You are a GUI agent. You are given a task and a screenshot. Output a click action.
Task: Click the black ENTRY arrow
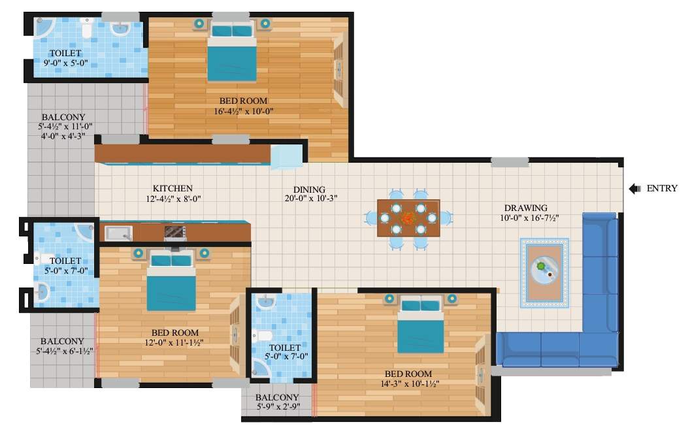[x=634, y=189]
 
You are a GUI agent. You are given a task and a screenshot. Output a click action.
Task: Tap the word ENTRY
[x=662, y=189]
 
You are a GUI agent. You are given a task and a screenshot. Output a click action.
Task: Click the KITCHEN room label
[x=172, y=188]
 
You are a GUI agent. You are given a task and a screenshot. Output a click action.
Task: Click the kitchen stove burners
[x=174, y=232]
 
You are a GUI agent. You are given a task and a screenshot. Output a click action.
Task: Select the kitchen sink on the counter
[x=118, y=233]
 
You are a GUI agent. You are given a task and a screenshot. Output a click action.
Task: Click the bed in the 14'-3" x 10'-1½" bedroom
[x=421, y=325]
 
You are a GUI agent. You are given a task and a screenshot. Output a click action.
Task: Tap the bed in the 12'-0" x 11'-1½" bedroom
[x=171, y=282]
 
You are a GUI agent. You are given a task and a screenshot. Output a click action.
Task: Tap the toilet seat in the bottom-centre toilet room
[x=263, y=336]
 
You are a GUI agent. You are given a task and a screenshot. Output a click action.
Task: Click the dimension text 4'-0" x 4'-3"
[x=63, y=136]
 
